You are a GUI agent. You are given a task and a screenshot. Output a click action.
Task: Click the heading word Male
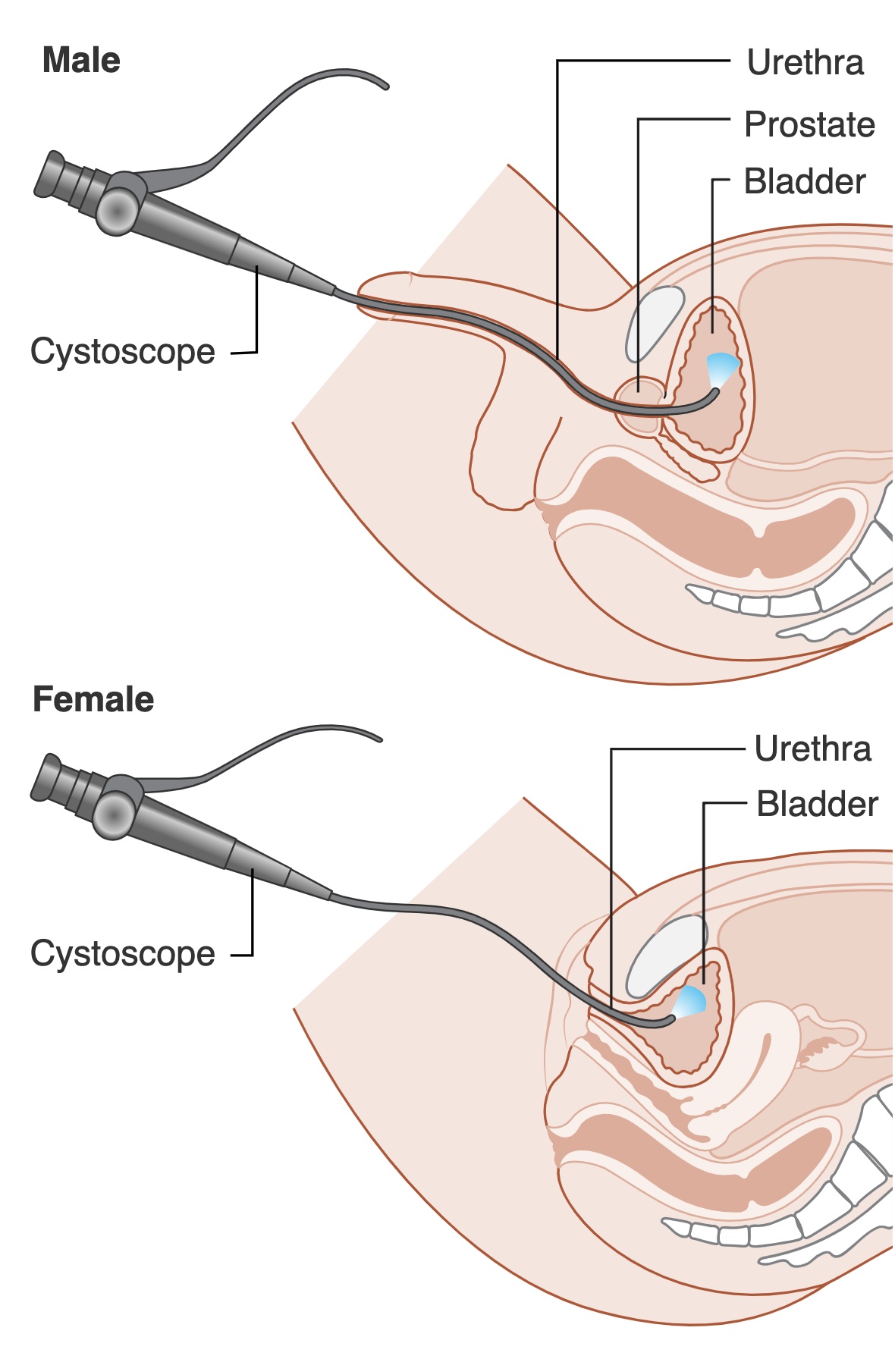coord(81,61)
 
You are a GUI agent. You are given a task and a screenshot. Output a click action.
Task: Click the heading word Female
coord(93,699)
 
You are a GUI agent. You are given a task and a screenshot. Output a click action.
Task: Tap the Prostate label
coord(809,124)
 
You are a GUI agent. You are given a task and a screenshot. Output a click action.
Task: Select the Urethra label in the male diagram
coord(805,63)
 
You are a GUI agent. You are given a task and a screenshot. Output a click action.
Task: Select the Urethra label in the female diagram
coord(812,749)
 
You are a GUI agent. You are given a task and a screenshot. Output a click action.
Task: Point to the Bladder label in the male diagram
coord(805,182)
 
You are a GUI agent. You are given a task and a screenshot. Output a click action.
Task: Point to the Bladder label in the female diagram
coord(817,805)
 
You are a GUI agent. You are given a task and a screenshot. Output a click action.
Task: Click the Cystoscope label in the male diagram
coord(123,352)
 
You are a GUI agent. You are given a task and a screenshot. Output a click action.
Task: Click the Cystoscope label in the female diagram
coord(123,954)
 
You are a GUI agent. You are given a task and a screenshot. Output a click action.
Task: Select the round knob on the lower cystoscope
coord(113,815)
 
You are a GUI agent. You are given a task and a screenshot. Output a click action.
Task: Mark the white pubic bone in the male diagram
coord(653,322)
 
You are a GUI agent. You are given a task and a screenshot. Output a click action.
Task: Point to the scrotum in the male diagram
coord(501,455)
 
